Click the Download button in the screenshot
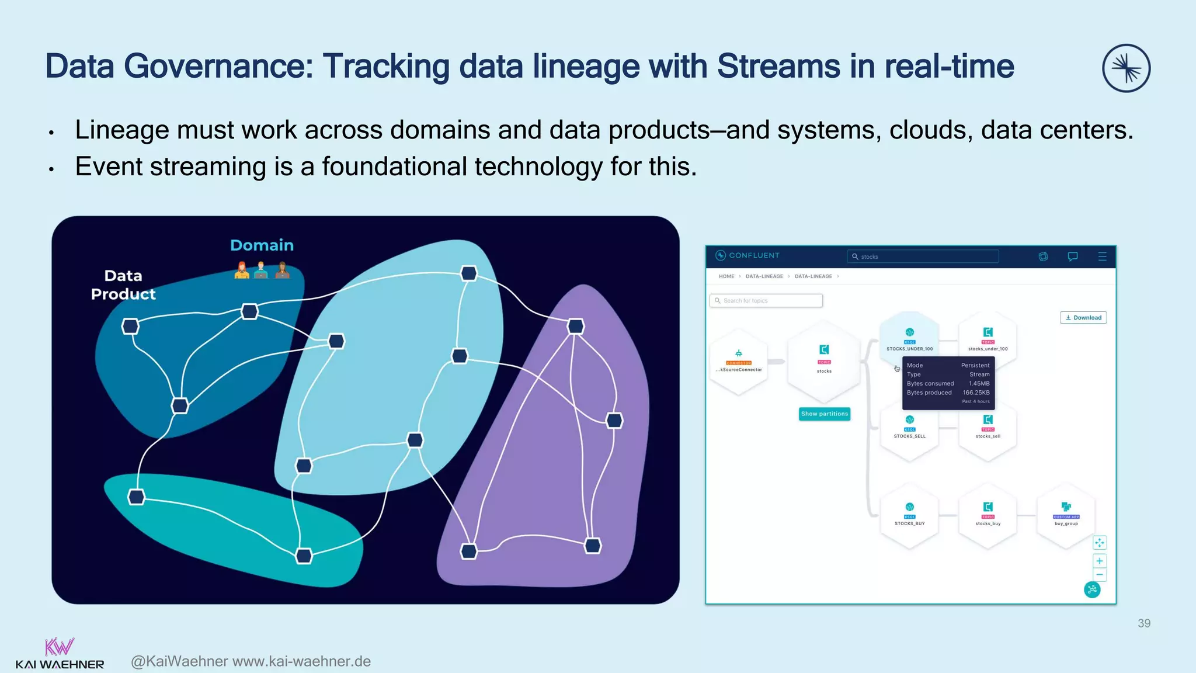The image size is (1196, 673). pos(1083,318)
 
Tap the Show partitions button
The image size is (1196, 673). pos(824,414)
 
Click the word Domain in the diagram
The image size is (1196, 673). pos(262,245)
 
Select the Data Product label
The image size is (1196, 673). pos(123,285)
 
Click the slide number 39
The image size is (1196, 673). pos(1143,623)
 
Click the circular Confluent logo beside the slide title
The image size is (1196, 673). pos(1126,68)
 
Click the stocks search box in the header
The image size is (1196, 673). pos(923,256)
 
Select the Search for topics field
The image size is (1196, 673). pos(766,301)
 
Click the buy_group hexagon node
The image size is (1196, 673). pos(1066,515)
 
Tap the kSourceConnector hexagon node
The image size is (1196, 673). pos(739,362)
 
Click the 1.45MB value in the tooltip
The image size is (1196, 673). pos(979,384)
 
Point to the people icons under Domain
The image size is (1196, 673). pos(262,270)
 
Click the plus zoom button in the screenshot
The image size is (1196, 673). pos(1099,561)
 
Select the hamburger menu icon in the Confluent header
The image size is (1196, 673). pos(1102,256)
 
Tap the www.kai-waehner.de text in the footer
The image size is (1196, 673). pos(301,661)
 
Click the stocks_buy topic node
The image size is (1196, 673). pos(988,515)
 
